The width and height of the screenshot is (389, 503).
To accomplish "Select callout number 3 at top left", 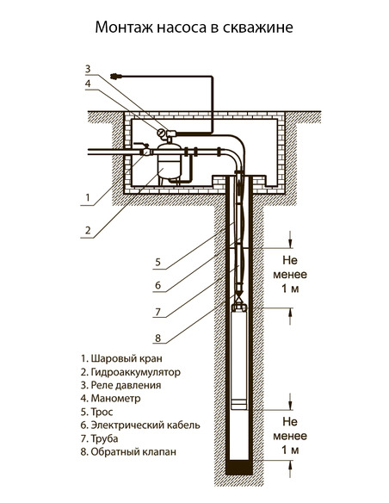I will pyautogui.click(x=87, y=68).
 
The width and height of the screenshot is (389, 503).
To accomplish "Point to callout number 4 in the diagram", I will pyautogui.click(x=87, y=84).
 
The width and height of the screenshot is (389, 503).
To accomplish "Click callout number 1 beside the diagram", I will pyautogui.click(x=87, y=198).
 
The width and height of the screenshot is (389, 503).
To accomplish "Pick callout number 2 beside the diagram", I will pyautogui.click(x=87, y=230).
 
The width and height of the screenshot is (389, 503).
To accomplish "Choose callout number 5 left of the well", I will pyautogui.click(x=158, y=262).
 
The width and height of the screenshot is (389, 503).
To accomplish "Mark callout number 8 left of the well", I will pyautogui.click(x=158, y=338).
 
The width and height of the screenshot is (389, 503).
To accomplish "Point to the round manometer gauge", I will pyautogui.click(x=161, y=133).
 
